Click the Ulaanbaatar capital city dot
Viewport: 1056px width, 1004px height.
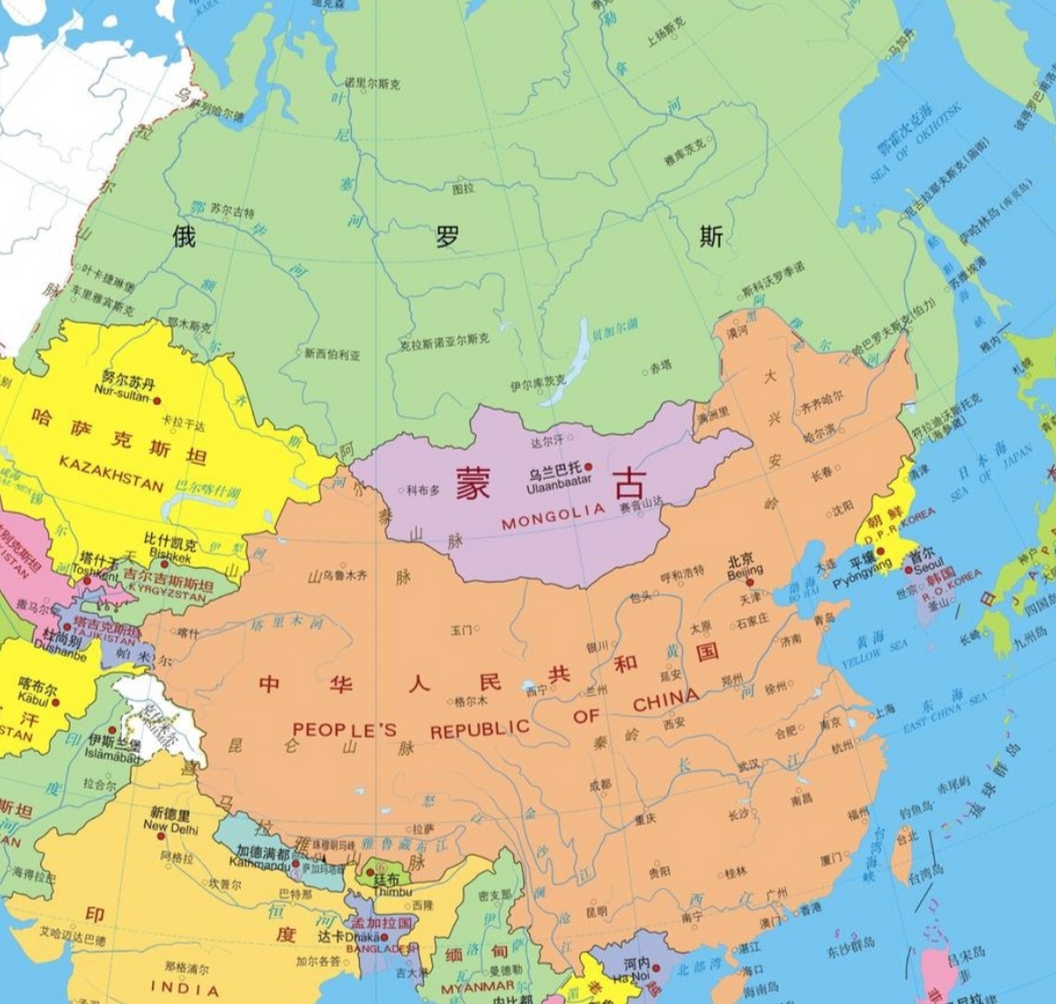[589, 467]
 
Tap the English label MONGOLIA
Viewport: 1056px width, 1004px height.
[553, 516]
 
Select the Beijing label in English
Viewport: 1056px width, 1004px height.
[744, 574]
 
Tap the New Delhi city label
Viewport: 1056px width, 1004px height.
[171, 826]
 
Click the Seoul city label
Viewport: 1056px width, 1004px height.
[928, 566]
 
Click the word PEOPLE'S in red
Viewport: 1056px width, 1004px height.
[344, 729]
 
